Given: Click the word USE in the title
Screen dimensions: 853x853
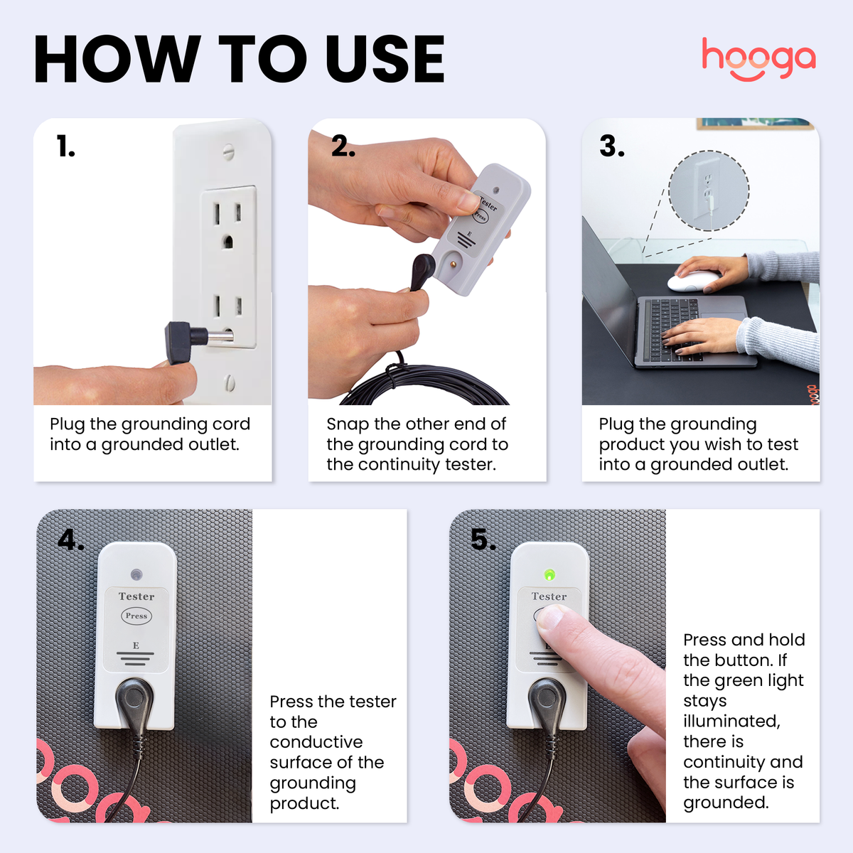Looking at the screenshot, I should pyautogui.click(x=385, y=60).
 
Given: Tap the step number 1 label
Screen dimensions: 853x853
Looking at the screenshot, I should pyautogui.click(x=65, y=146).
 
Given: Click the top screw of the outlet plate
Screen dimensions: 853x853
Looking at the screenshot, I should pyautogui.click(x=227, y=151).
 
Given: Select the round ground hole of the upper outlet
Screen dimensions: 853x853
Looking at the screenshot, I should pyautogui.click(x=227, y=242).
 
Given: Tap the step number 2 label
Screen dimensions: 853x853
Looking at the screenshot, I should pyautogui.click(x=343, y=146).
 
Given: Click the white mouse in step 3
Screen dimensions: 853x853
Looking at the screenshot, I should pyautogui.click(x=692, y=281).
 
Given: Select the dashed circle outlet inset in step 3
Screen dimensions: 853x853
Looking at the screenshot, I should pyautogui.click(x=709, y=191).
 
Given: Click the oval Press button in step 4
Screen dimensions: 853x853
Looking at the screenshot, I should pyautogui.click(x=136, y=616).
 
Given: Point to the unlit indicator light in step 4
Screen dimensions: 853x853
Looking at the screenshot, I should pyautogui.click(x=136, y=574).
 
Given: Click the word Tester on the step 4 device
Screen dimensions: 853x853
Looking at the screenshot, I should pyautogui.click(x=136, y=596).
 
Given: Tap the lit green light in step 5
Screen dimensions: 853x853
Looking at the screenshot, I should pyautogui.click(x=549, y=574).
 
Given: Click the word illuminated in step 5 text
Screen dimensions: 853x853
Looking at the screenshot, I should pyautogui.click(x=731, y=721).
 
